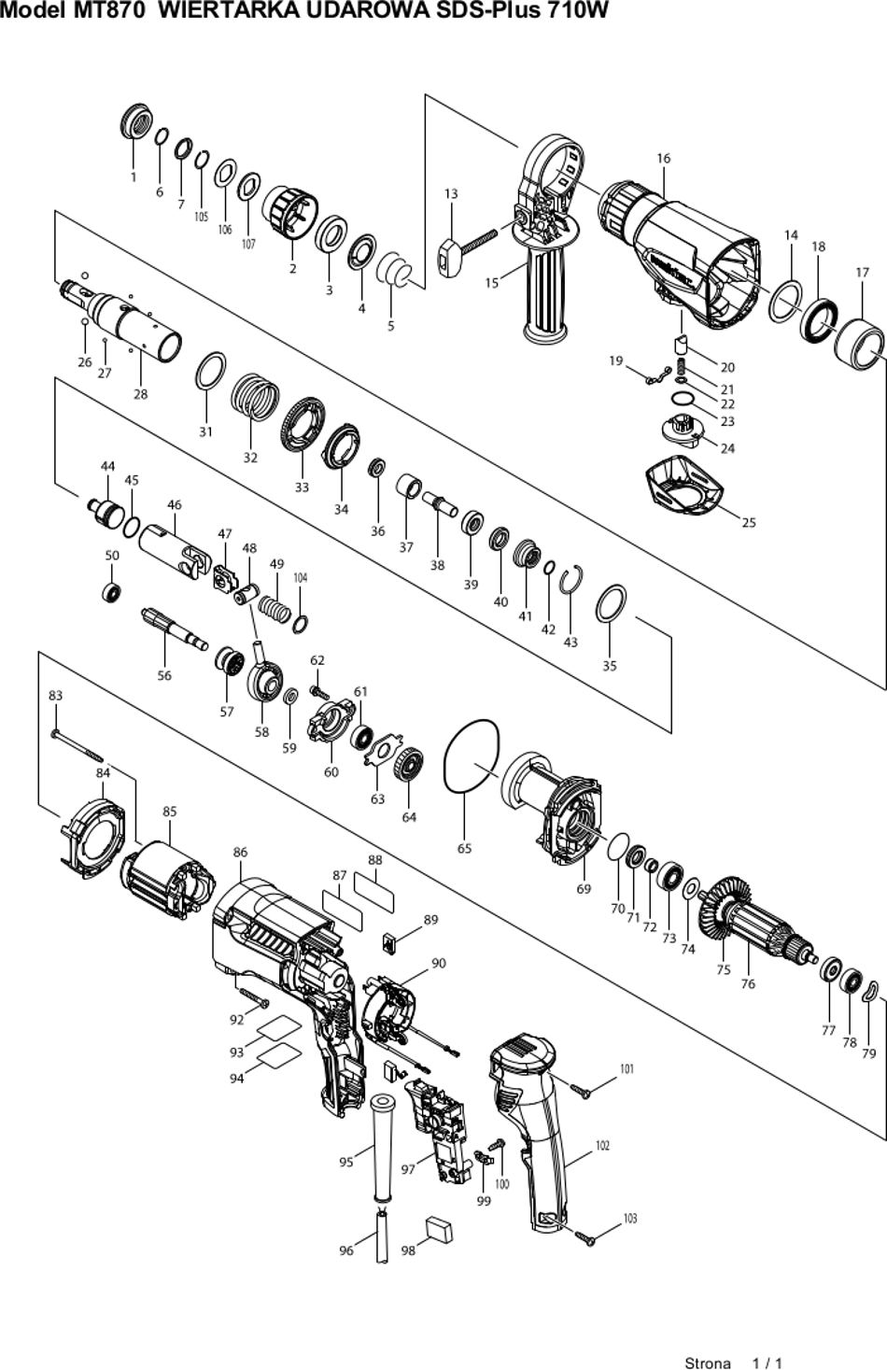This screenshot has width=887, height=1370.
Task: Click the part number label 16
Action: [x=663, y=159]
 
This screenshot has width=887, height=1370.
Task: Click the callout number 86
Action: [x=240, y=852]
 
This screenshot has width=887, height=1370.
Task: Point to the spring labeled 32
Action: [x=255, y=397]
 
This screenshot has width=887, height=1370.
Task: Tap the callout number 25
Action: [x=749, y=522]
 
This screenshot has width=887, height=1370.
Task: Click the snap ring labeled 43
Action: [x=571, y=580]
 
